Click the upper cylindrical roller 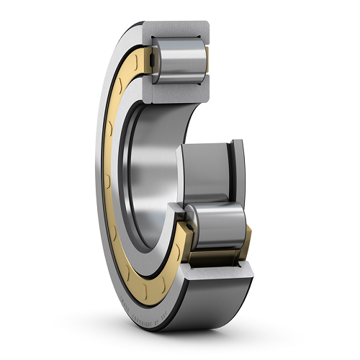[177, 62]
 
